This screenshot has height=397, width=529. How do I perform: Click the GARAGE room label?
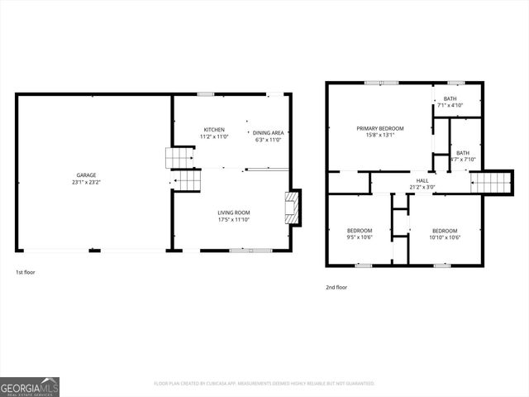[87, 175]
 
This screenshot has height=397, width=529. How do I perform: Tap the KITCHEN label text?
[214, 130]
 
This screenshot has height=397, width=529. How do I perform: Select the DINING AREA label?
[268, 132]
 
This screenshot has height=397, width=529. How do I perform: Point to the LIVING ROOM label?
[234, 213]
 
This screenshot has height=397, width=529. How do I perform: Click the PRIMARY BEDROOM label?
[379, 128]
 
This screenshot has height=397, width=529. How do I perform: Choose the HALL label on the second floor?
[422, 180]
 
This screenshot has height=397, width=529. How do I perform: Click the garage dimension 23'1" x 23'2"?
[87, 182]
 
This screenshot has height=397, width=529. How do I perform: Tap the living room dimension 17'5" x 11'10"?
[234, 220]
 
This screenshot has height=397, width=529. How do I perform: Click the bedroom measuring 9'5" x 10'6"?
[360, 233]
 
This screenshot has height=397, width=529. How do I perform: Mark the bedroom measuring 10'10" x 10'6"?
[445, 233]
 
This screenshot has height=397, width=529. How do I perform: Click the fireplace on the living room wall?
[293, 207]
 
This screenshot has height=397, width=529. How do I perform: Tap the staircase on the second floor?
[492, 182]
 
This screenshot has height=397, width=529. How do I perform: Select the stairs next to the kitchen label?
[180, 157]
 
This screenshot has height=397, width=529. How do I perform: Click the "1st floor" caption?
[26, 272]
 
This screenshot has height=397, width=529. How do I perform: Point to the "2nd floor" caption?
[336, 287]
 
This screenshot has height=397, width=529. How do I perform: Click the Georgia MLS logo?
[30, 386]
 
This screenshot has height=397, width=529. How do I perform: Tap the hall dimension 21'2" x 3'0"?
[422, 188]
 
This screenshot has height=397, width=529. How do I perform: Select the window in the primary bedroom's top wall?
[381, 83]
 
